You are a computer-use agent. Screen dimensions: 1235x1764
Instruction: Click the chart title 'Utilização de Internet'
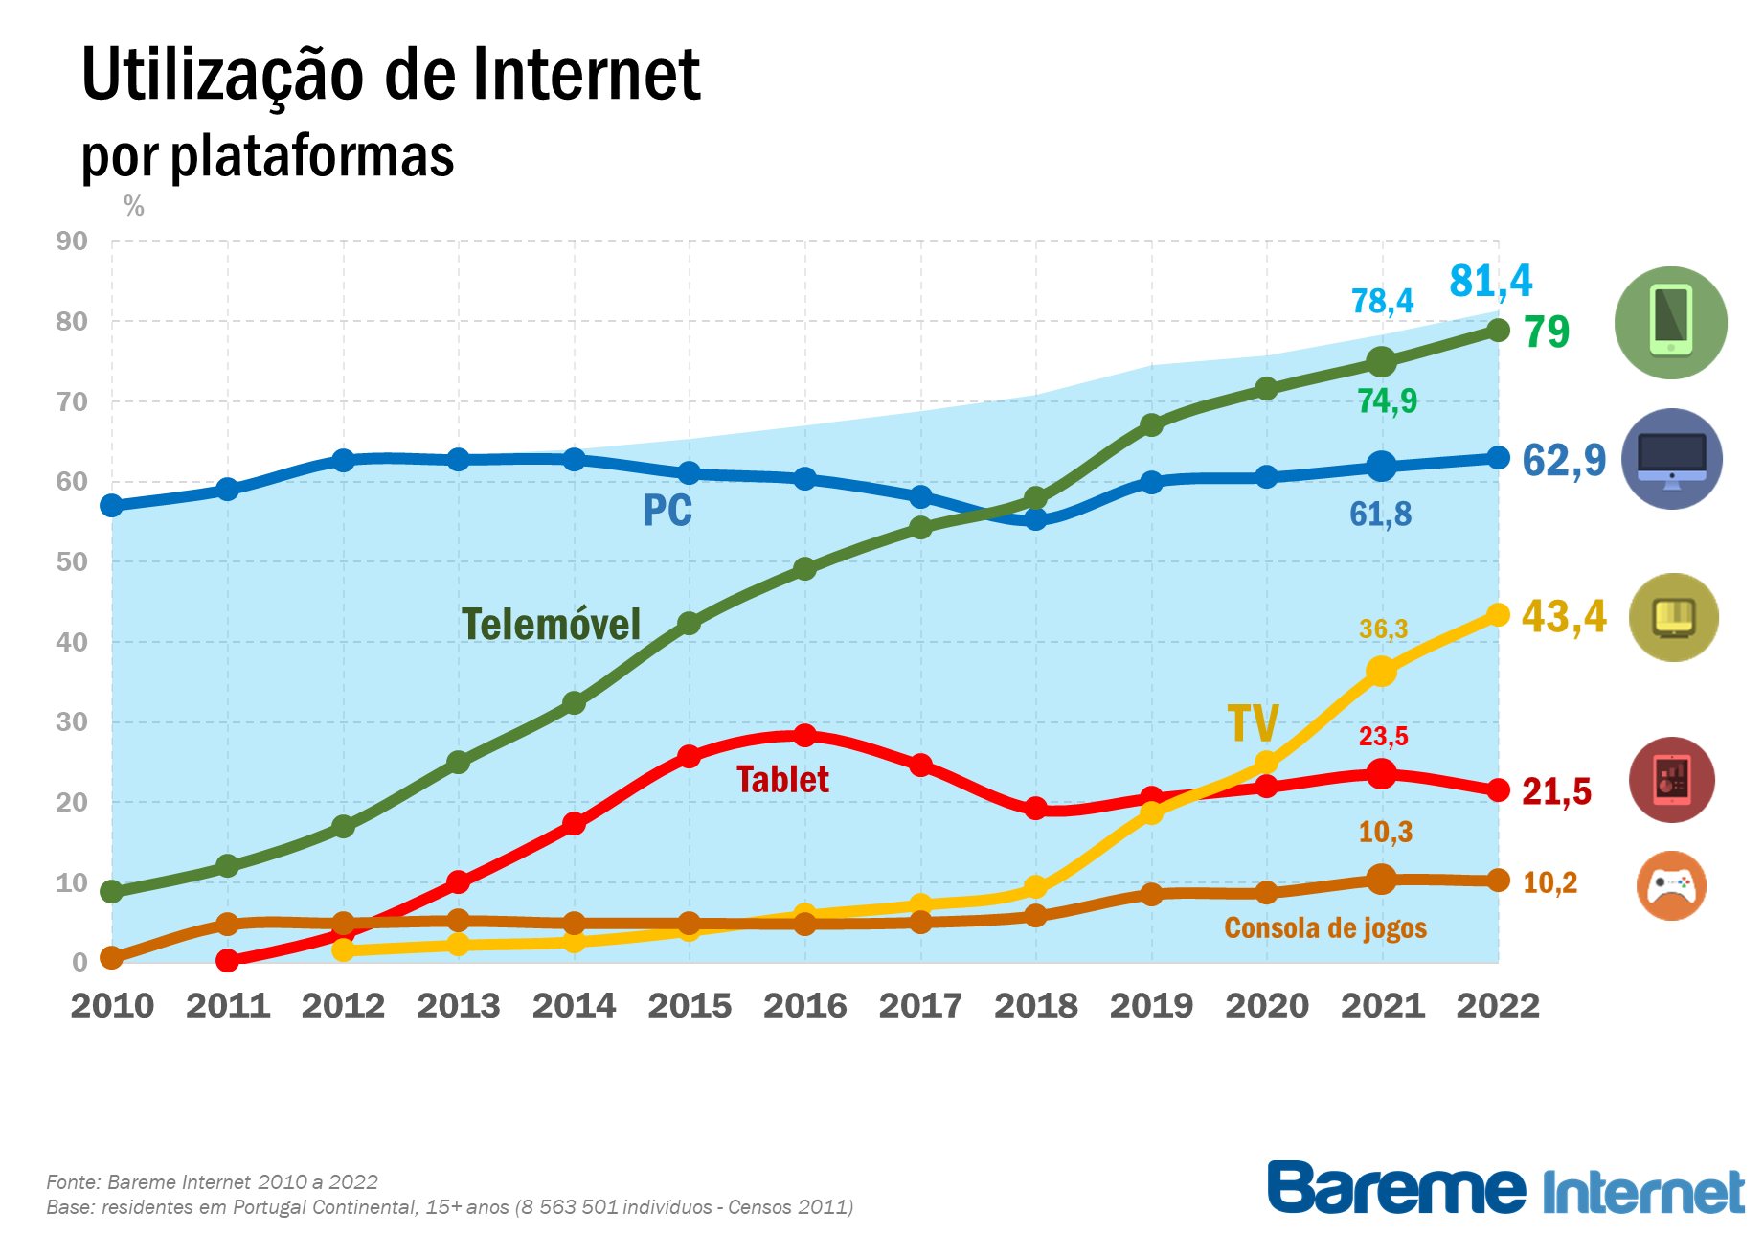click(391, 75)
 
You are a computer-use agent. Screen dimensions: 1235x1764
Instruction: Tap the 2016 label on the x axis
click(804, 1006)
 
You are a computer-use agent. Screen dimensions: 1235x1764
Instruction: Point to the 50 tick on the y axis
click(72, 562)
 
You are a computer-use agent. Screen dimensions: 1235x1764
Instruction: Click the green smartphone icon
click(1670, 323)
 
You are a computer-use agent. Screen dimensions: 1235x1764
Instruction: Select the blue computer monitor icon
click(1671, 459)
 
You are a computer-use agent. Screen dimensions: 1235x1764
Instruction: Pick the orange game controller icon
click(1671, 885)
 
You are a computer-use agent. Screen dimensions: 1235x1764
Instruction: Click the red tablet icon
click(1671, 780)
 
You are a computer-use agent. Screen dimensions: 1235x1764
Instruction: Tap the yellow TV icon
click(1673, 617)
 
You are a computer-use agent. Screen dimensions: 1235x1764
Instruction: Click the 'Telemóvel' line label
click(551, 625)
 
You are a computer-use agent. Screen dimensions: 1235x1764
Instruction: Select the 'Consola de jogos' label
click(1324, 927)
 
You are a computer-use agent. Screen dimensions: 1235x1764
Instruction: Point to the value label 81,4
click(1490, 282)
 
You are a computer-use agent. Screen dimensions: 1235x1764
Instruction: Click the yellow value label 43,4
click(1563, 616)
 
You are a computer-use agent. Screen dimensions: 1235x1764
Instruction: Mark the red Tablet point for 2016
click(804, 736)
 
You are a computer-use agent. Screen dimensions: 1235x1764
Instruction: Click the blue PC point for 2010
click(112, 505)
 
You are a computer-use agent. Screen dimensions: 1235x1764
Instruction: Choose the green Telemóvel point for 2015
click(689, 624)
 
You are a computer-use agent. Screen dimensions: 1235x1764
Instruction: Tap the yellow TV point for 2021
click(1381, 671)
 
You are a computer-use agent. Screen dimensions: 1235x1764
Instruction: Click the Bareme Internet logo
click(1505, 1189)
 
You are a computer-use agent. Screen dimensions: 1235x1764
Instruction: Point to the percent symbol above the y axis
click(134, 206)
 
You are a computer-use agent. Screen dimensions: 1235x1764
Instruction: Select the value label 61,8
click(1380, 515)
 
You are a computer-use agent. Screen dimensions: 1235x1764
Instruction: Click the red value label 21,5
click(1556, 792)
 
